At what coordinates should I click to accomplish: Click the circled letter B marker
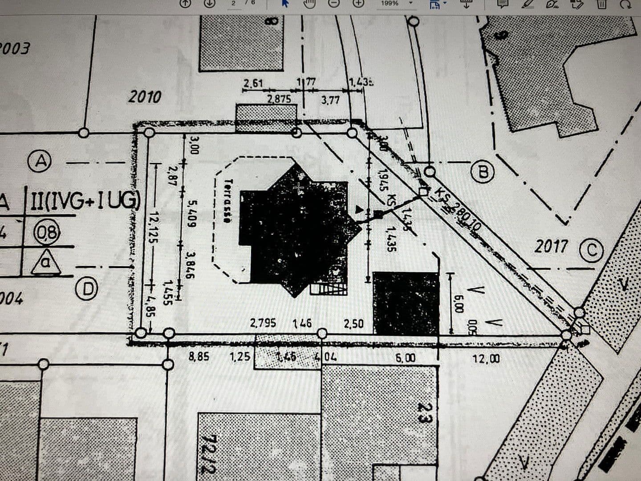tap(483, 172)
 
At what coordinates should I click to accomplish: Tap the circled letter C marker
tap(591, 250)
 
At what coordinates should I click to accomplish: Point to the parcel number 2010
tap(145, 97)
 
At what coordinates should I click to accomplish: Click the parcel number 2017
tap(552, 246)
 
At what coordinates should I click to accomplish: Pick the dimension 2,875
tap(279, 99)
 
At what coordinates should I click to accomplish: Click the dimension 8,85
tap(199, 357)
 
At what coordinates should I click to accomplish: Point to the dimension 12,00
tap(486, 359)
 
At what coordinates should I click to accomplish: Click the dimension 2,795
tap(263, 323)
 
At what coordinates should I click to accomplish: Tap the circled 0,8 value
tap(47, 233)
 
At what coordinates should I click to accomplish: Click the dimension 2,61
tap(253, 83)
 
